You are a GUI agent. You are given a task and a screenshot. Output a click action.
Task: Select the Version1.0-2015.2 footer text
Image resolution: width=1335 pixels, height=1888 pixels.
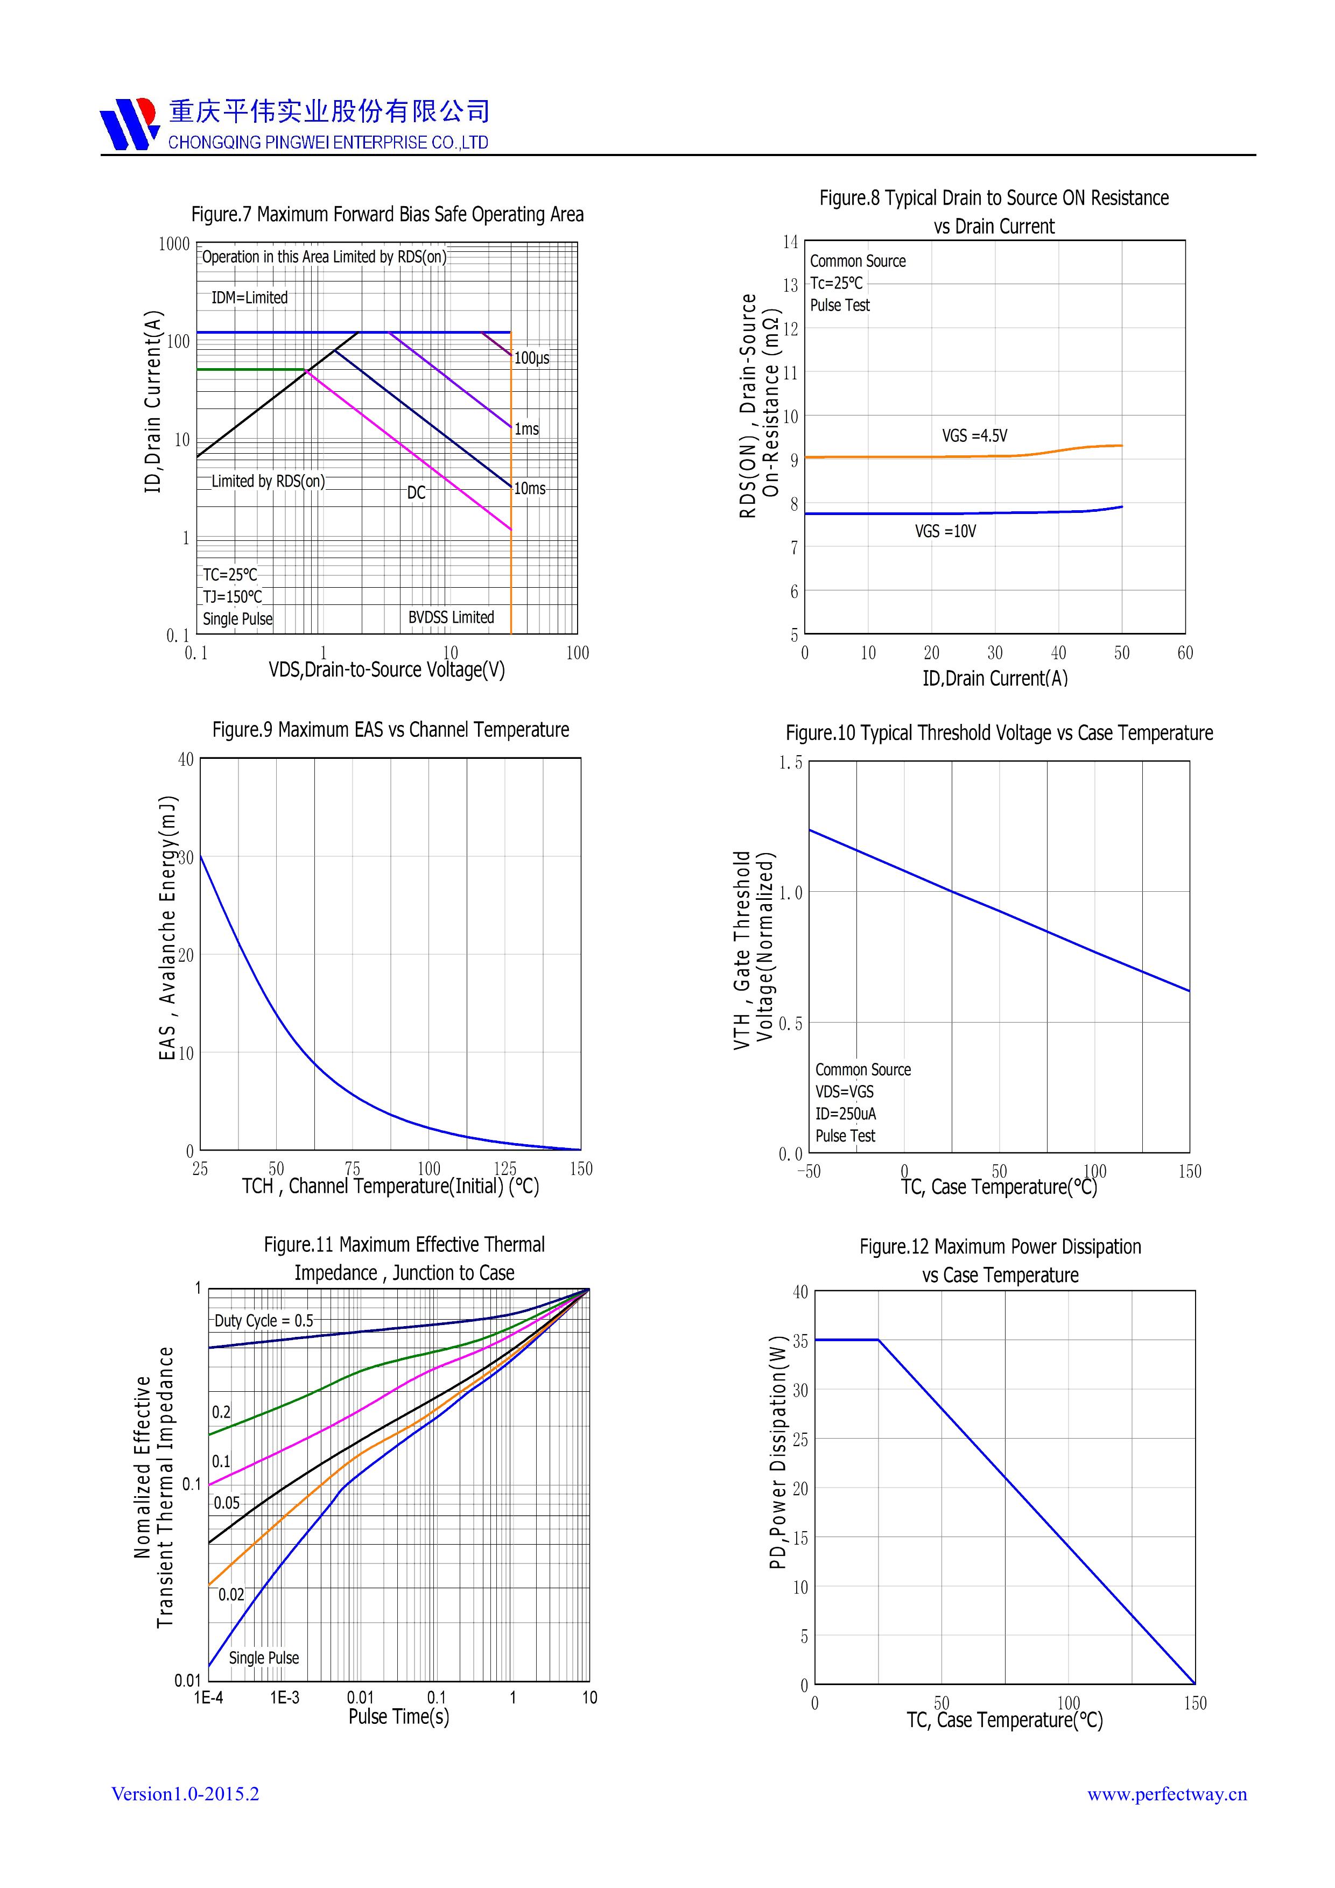pyautogui.click(x=185, y=1793)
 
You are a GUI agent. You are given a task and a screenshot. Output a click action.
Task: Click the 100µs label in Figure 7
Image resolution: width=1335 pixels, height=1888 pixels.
pyautogui.click(x=531, y=358)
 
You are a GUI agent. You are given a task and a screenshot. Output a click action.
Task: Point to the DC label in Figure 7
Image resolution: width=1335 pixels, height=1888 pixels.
pyautogui.click(x=416, y=492)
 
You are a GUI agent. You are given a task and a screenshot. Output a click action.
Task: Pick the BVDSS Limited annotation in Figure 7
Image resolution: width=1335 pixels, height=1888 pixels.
pyautogui.click(x=451, y=617)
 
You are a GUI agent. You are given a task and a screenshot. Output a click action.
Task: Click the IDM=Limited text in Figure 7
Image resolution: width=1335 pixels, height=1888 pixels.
pyautogui.click(x=249, y=298)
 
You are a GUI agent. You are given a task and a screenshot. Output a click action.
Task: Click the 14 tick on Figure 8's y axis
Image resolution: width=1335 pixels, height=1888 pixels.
pyautogui.click(x=790, y=242)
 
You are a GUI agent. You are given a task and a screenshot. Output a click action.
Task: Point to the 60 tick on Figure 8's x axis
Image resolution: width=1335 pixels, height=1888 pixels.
pyautogui.click(x=1184, y=653)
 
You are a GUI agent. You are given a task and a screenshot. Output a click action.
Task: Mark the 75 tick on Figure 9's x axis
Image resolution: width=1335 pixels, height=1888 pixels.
pyautogui.click(x=352, y=1168)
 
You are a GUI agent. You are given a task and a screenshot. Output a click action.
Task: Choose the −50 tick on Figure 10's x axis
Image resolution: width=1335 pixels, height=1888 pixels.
pyautogui.click(x=809, y=1172)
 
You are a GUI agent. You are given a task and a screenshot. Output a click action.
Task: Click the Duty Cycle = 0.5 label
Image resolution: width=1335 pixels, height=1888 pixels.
pyautogui.click(x=263, y=1321)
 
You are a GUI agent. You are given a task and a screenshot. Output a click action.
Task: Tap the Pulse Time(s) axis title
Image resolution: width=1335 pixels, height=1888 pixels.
pyautogui.click(x=399, y=1717)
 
